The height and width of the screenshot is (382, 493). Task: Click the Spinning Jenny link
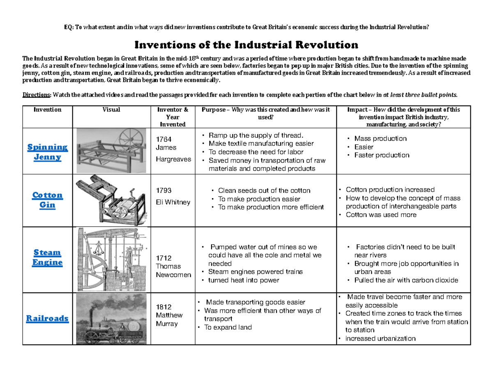[x=47, y=152]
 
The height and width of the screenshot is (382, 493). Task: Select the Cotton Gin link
[x=47, y=200]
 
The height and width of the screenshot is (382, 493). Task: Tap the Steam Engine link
[x=47, y=257]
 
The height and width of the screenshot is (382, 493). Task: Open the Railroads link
[x=47, y=318]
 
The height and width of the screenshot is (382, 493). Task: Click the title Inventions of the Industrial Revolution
[x=246, y=44]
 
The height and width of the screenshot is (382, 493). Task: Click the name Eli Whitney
[x=173, y=202]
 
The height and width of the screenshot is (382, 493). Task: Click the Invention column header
[x=47, y=110]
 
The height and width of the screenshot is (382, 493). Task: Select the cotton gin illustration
[x=112, y=199]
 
